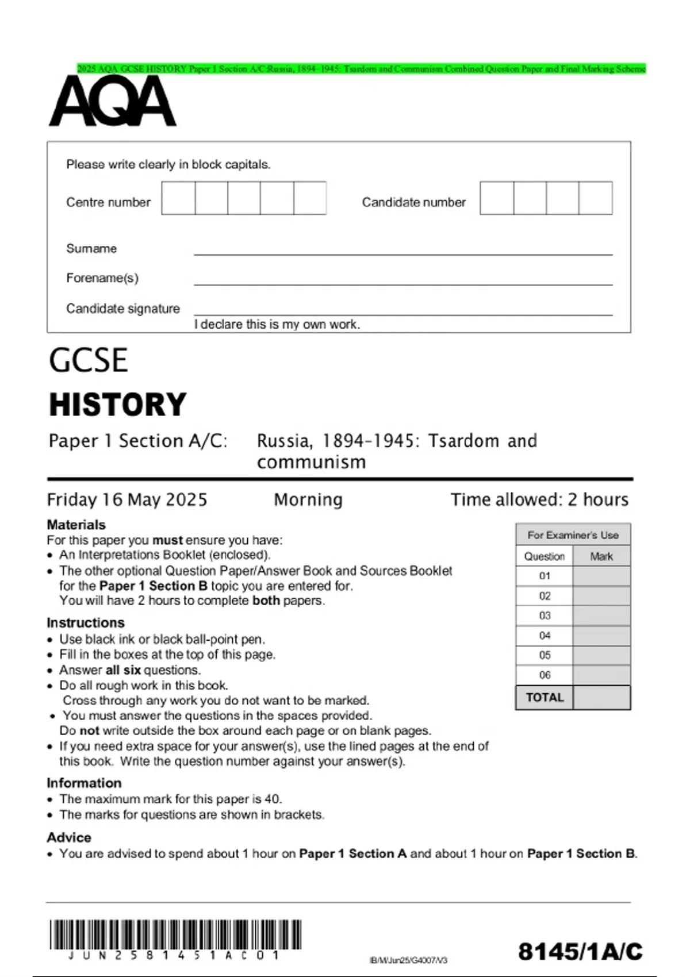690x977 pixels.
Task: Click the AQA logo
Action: (113, 102)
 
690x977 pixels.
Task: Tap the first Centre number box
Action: (178, 198)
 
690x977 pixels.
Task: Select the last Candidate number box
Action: (595, 198)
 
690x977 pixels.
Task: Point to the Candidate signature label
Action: (122, 309)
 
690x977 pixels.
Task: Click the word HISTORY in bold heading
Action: (118, 404)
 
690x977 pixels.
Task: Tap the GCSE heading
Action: (88, 360)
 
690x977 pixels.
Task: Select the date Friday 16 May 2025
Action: (127, 499)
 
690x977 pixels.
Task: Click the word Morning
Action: (308, 499)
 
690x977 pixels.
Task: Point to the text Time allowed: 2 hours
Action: (539, 499)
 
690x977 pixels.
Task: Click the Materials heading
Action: (76, 525)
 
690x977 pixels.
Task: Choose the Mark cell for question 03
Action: (601, 616)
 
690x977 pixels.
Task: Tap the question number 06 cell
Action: (545, 675)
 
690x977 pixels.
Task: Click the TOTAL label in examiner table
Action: (545, 698)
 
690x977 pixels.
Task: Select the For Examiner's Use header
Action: (573, 535)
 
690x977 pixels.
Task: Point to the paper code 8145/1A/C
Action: (580, 952)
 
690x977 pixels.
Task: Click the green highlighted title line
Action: (361, 69)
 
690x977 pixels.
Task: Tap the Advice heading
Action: (69, 837)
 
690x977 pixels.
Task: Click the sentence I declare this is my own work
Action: (277, 325)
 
